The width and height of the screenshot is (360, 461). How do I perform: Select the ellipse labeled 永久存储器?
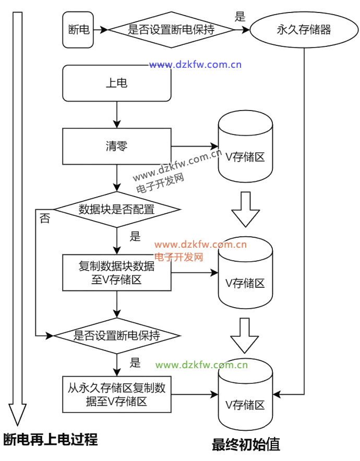click(304, 30)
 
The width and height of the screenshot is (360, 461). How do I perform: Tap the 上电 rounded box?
click(116, 83)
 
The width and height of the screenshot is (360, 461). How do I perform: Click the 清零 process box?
click(116, 147)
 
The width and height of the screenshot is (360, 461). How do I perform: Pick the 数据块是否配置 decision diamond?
click(117, 210)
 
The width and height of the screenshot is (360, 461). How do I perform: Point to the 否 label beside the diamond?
click(45, 220)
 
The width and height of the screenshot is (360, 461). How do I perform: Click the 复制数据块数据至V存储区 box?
click(116, 273)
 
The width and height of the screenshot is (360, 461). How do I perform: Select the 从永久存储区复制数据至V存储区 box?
click(116, 394)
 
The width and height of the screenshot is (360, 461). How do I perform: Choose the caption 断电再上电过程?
click(51, 440)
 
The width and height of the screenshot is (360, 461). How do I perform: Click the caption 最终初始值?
click(246, 445)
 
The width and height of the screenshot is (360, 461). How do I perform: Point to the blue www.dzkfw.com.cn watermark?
click(195, 65)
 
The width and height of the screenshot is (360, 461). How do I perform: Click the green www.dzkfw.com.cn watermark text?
click(202, 365)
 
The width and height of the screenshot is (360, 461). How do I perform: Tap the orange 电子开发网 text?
click(179, 257)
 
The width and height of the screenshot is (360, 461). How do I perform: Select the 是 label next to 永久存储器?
click(240, 17)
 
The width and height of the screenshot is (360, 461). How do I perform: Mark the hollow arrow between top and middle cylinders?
click(245, 209)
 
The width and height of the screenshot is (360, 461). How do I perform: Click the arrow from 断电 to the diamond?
click(100, 30)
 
